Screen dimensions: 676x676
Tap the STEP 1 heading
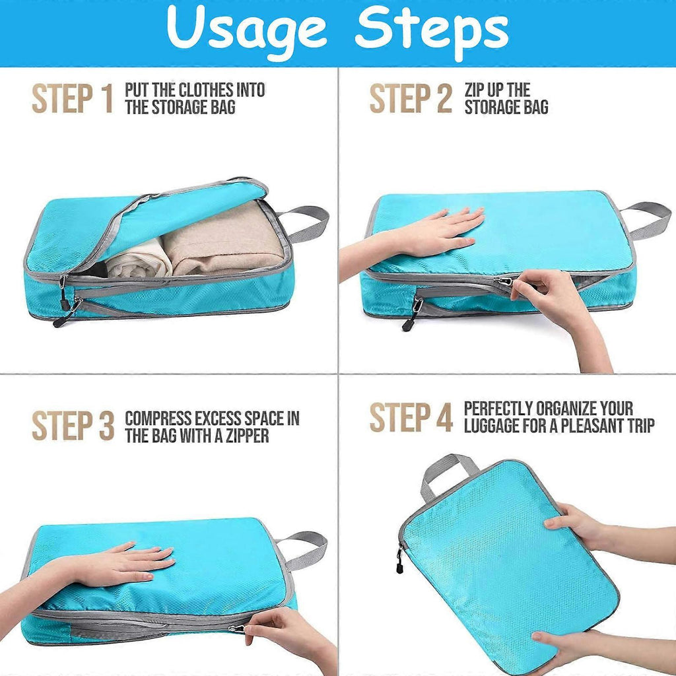pos(73,99)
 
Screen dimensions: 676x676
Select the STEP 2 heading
pos(411,99)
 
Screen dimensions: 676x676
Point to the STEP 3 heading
pos(73,426)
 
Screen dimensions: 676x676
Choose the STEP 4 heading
pos(411,417)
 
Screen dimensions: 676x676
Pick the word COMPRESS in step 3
pos(158,419)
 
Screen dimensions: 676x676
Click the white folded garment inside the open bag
pos(139,260)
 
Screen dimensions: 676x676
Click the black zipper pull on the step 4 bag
pos(399,560)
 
